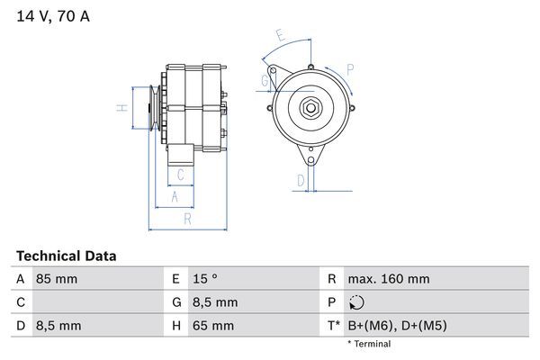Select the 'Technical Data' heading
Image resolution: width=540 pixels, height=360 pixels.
coord(66,256)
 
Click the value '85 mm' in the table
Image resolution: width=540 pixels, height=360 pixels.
coord(56,279)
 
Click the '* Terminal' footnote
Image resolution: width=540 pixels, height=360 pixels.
coord(370,344)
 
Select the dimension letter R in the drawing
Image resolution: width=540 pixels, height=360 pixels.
coord(186,218)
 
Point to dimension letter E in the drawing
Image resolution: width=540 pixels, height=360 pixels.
coord(280,37)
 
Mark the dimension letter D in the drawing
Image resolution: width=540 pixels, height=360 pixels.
coord(300,180)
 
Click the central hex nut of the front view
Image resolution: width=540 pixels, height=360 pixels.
coord(309,107)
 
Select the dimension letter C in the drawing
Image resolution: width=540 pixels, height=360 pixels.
coord(180,175)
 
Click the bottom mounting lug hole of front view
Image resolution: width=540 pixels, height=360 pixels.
coord(310,160)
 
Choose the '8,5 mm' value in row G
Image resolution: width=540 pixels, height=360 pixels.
coord(216,302)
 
